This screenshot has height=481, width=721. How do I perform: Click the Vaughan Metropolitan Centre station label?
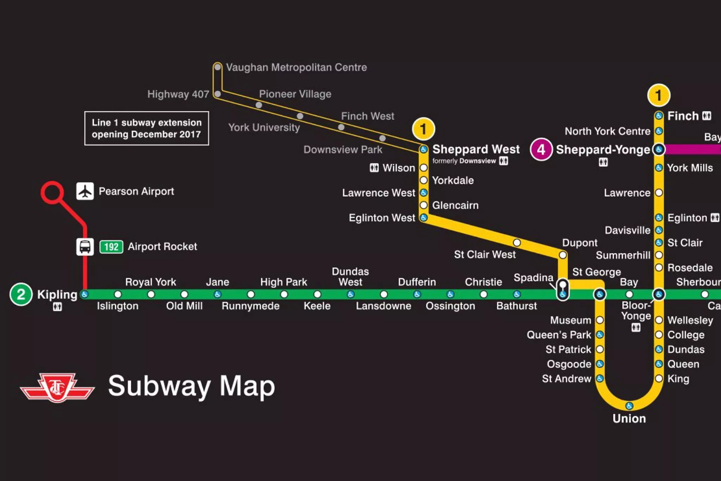tap(296, 67)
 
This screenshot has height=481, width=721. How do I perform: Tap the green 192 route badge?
tap(111, 247)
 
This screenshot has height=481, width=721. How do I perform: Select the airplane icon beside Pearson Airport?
tap(85, 191)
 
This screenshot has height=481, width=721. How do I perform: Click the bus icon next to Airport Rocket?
tap(85, 247)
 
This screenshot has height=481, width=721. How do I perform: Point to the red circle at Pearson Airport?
tap(52, 192)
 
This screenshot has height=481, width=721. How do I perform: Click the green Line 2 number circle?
tap(21, 294)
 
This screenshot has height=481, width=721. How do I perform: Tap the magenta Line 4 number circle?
tap(541, 149)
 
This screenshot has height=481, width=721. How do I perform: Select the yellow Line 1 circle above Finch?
tap(658, 95)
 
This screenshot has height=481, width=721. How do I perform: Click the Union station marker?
tap(629, 406)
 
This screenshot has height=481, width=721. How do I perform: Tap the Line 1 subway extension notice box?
tap(146, 128)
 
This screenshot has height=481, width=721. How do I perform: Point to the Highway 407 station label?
tap(178, 94)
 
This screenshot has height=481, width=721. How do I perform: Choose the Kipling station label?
tap(57, 295)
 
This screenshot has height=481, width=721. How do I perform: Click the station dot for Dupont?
tap(563, 255)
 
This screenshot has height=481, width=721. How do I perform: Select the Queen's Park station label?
tap(559, 335)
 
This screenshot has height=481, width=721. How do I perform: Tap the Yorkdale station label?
tap(453, 180)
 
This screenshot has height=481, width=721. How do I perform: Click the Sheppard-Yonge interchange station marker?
tap(659, 149)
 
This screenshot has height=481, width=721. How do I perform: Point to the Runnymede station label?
tap(250, 306)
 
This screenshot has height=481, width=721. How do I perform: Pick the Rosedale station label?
tap(690, 268)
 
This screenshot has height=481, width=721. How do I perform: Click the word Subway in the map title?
tap(159, 386)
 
